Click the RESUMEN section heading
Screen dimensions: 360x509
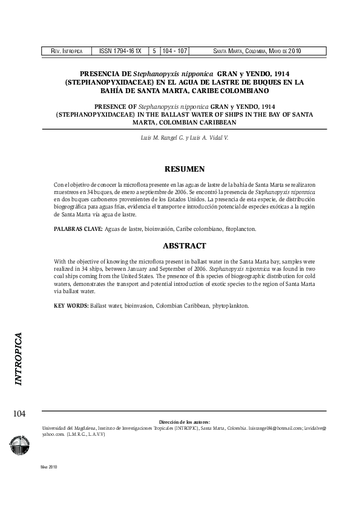tap(185, 169)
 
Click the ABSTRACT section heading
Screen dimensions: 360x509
tap(185, 246)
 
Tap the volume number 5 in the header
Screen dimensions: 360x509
tap(155, 51)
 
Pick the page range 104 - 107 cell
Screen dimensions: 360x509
tap(174, 51)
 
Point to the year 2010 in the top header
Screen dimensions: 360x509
tap(295, 51)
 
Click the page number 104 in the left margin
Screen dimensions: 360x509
tap(19, 413)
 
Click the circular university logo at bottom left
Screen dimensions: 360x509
tap(19, 446)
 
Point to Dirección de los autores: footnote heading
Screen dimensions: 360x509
tap(185, 421)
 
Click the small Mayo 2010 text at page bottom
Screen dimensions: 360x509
tap(48, 467)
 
